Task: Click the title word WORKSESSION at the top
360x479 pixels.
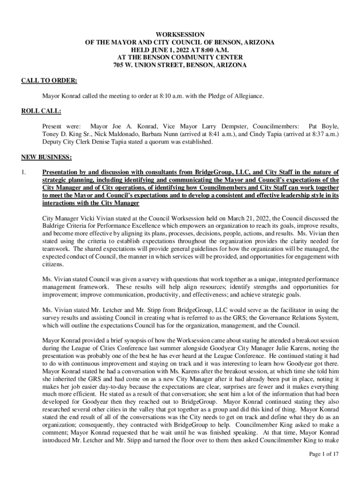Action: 180,34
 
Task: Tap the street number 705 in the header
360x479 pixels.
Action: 119,65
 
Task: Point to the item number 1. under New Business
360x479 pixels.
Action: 24,173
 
